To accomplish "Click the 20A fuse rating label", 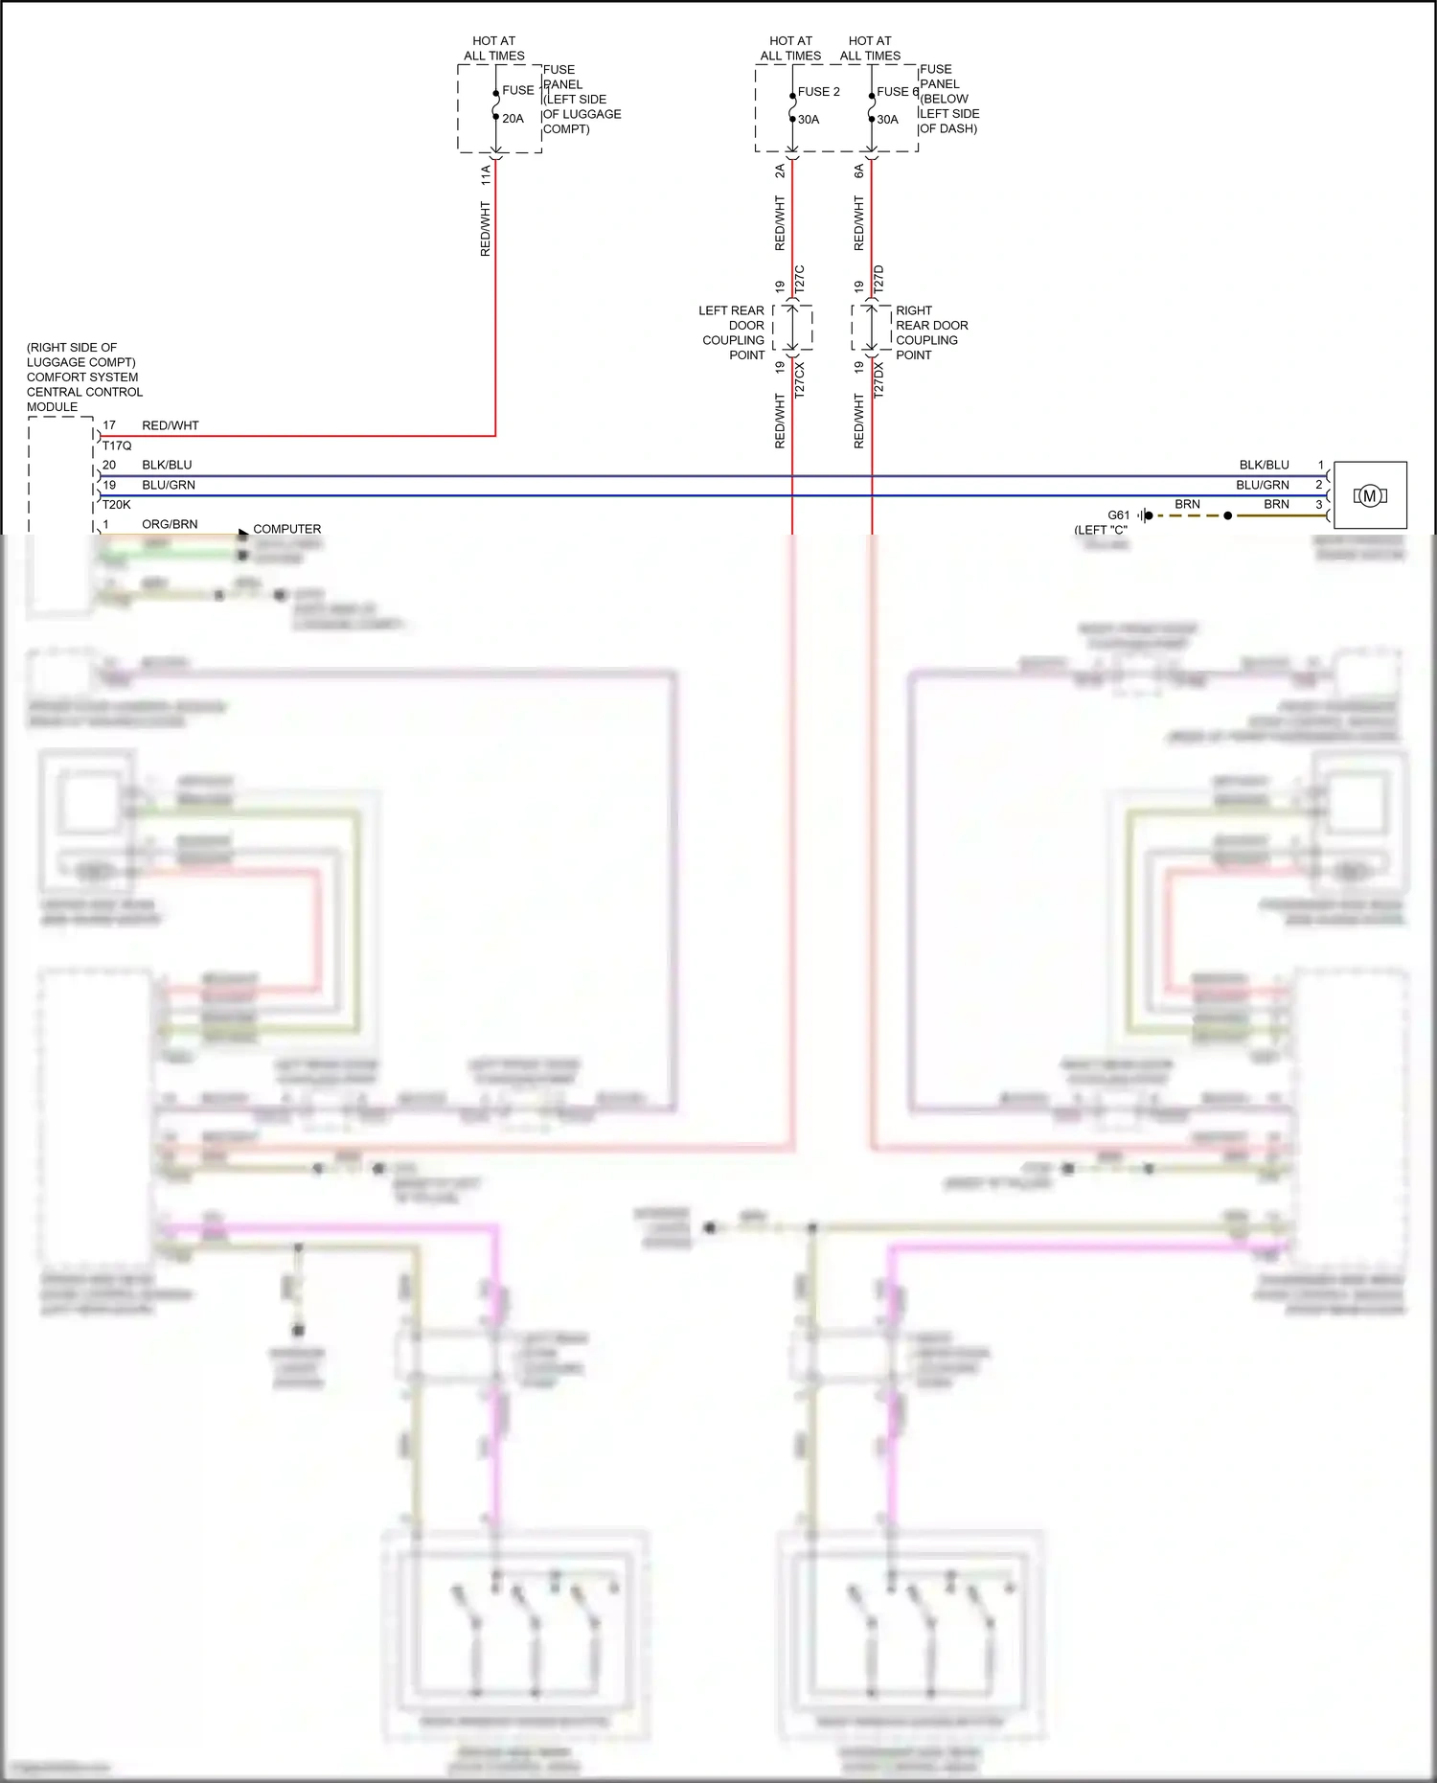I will (x=513, y=119).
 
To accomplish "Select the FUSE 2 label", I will (x=818, y=91).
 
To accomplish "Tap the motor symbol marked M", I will (x=1370, y=495).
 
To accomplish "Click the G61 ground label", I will (x=1118, y=515).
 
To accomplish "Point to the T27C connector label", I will (x=800, y=279).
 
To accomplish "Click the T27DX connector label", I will (x=878, y=378).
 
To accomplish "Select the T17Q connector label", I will (x=117, y=446).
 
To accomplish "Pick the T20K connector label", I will (x=116, y=505).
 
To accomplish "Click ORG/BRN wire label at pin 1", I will (x=170, y=524).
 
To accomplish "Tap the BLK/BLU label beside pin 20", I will (x=167, y=465).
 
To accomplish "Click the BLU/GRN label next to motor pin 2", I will (x=1262, y=485).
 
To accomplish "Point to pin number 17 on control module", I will (x=109, y=425).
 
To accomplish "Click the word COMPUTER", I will (x=286, y=529).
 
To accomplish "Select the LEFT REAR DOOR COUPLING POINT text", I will (x=733, y=332).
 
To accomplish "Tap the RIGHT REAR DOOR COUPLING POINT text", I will (x=931, y=332).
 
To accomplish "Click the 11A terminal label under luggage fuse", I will (x=486, y=173).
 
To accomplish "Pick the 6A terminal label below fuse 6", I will (x=859, y=171).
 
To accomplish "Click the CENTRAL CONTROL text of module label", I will (x=84, y=392).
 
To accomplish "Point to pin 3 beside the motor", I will (x=1319, y=504).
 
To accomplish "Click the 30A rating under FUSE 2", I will (x=809, y=120).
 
